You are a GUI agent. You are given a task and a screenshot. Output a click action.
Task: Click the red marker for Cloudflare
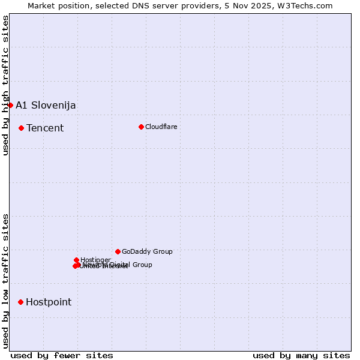[x=141, y=127]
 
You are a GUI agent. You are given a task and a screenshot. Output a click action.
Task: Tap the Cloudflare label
[x=161, y=127]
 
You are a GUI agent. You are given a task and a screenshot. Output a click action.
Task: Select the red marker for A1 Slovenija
[x=10, y=105]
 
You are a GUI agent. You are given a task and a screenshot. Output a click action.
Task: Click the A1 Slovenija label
[x=46, y=106]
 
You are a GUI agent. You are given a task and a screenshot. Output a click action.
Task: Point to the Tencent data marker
[x=21, y=128]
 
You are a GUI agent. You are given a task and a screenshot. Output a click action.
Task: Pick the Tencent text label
[x=45, y=128]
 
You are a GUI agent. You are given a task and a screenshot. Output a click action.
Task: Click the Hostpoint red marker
[x=20, y=302]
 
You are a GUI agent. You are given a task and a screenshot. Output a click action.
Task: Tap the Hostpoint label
[x=49, y=302]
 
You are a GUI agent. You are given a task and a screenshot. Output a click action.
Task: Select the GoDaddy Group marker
[x=118, y=251]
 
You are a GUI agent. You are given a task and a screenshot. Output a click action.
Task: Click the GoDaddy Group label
[x=147, y=252]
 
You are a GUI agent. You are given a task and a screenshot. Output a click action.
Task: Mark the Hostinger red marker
[x=76, y=260]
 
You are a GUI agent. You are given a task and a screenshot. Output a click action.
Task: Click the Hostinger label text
[x=95, y=260]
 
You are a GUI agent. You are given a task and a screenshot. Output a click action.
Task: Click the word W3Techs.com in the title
[x=307, y=5]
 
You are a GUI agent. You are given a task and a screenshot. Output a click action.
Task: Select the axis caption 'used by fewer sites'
[x=62, y=355]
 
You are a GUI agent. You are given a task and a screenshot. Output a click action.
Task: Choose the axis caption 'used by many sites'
[x=301, y=355]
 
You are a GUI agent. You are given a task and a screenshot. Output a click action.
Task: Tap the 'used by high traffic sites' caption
[x=5, y=86]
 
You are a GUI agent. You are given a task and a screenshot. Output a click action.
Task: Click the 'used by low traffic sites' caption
[x=5, y=280]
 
